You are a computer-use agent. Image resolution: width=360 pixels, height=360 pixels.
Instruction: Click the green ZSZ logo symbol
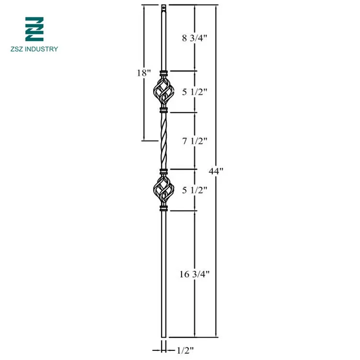click(34, 29)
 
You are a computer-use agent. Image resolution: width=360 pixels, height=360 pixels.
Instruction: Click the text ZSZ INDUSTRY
click(35, 49)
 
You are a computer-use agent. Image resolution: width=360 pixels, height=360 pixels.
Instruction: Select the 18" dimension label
click(143, 72)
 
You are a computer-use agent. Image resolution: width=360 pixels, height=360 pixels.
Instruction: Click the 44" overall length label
click(217, 171)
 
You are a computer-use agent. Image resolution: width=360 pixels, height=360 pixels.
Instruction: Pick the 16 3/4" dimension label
click(194, 274)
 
